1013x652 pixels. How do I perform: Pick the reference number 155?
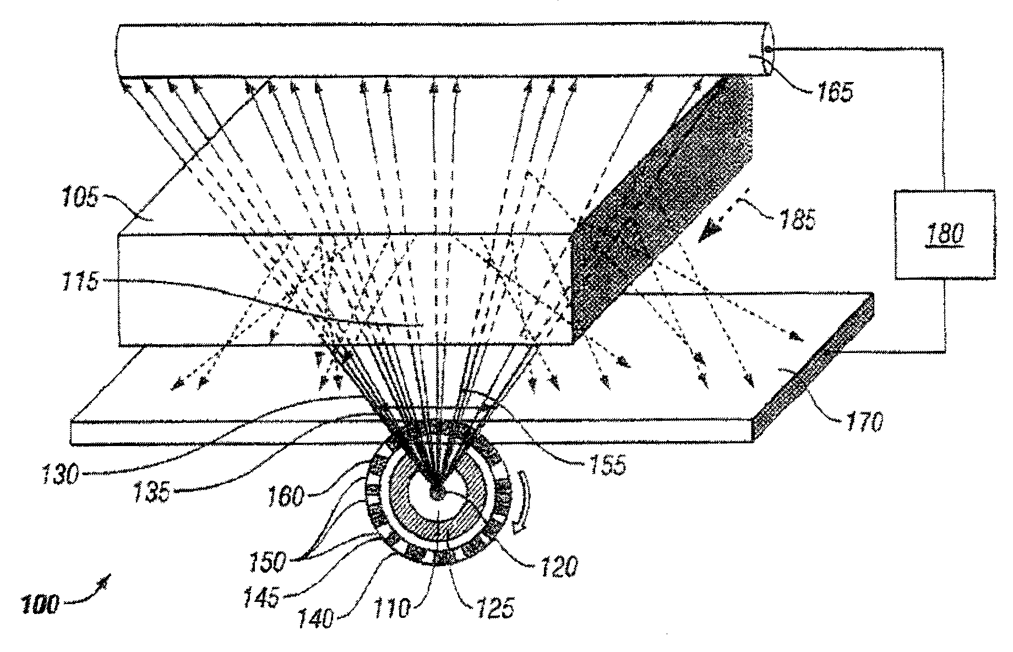click(604, 465)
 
